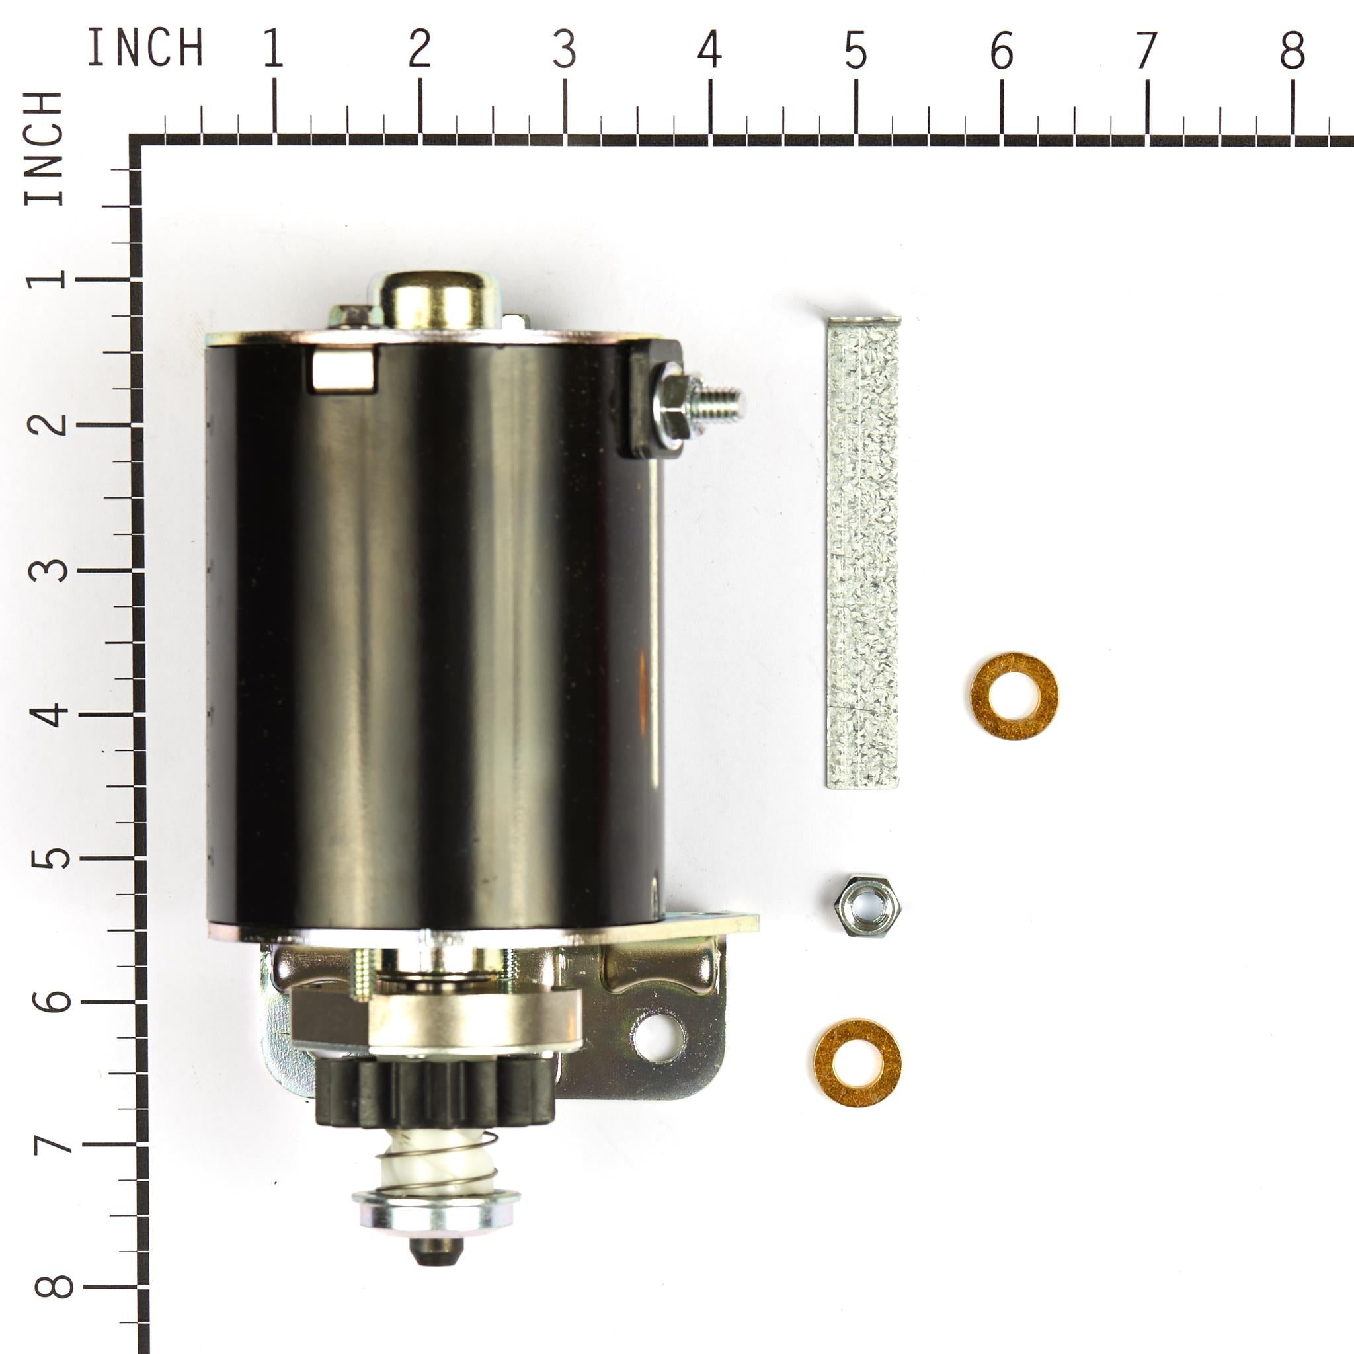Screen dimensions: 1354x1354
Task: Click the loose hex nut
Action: point(863,906)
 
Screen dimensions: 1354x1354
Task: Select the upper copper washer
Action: point(1014,696)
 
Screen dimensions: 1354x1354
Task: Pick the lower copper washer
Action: point(857,1063)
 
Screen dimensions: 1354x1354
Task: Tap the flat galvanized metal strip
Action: point(863,553)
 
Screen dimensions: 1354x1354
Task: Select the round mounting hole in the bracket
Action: point(658,1037)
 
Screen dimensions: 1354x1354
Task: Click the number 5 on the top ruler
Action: point(856,51)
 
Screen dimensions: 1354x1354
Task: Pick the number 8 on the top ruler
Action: point(1293,51)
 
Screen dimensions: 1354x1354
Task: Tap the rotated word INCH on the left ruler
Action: point(45,149)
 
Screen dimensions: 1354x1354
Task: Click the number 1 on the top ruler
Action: point(274,49)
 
